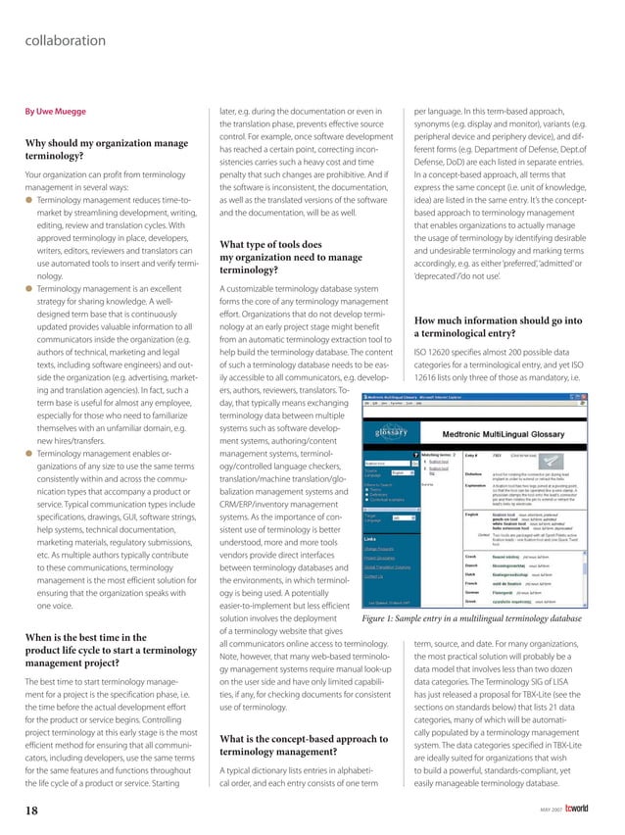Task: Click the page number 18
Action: click(32, 810)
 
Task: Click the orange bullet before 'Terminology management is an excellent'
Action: click(28, 291)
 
